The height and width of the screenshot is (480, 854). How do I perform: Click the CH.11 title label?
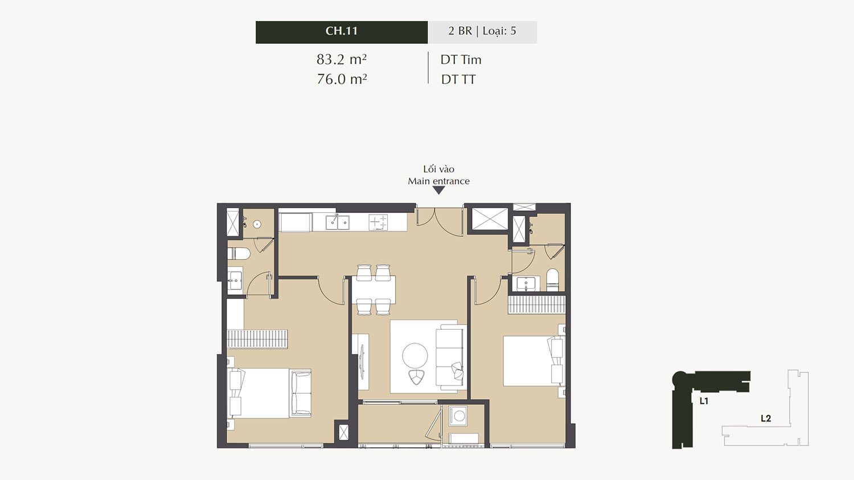point(342,31)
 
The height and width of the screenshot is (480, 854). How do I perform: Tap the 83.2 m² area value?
point(342,59)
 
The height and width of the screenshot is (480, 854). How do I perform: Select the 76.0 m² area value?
point(342,79)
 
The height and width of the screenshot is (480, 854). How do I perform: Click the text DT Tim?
point(461,60)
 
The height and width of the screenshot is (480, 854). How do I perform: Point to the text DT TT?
point(458,80)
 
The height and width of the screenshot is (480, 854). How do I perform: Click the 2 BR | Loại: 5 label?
point(482,31)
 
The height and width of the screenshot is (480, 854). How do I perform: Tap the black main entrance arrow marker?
point(439,190)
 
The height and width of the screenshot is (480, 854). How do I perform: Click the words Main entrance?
point(438,181)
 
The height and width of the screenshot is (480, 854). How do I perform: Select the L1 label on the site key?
point(704,401)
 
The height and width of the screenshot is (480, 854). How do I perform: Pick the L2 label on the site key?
point(766,419)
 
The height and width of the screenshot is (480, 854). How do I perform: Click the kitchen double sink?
point(338,223)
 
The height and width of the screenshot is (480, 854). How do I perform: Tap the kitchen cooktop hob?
point(378,223)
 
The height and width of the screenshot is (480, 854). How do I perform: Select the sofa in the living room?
point(451,357)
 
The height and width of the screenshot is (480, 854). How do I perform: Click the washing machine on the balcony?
point(459,416)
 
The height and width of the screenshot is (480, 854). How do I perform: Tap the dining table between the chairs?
point(373,289)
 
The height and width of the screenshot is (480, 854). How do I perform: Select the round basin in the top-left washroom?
point(257,224)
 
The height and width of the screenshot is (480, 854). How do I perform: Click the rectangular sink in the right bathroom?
point(526,284)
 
